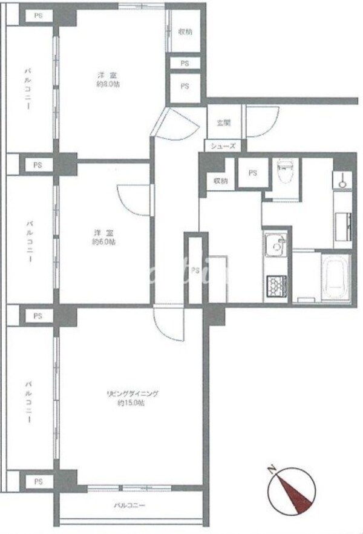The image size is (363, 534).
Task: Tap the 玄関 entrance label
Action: coord(223,123)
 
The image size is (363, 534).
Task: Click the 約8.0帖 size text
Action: coord(108,85)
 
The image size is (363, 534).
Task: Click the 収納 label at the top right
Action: coord(185,32)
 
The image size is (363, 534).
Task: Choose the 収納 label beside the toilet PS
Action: coord(220,181)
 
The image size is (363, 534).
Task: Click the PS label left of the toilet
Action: coord(252,173)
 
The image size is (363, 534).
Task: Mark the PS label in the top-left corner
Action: coord(38,16)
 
